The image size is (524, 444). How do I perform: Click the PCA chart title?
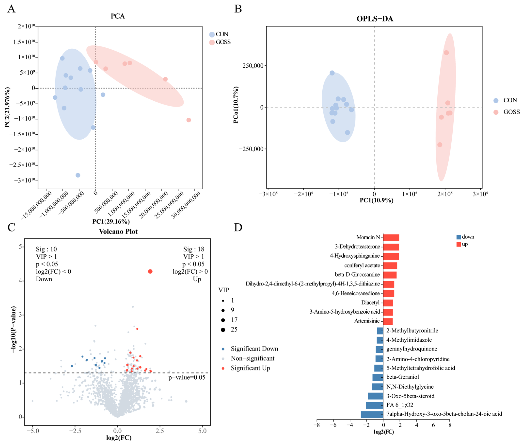[118, 16]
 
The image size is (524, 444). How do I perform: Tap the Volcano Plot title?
[118, 231]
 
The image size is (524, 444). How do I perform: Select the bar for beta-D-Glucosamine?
[390, 275]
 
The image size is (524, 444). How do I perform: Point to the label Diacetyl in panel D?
[370, 303]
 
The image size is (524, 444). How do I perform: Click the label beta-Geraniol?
[403, 377]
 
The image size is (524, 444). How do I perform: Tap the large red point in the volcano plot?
[150, 271]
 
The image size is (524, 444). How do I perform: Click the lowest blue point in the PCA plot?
[78, 175]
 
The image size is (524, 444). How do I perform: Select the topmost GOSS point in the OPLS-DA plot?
[446, 53]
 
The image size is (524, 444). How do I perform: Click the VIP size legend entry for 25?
[234, 330]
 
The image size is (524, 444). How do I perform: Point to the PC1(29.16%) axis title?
[111, 221]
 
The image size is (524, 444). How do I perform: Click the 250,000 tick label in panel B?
[253, 66]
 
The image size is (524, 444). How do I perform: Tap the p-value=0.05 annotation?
[187, 377]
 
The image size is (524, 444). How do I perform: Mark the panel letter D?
[238, 227]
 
